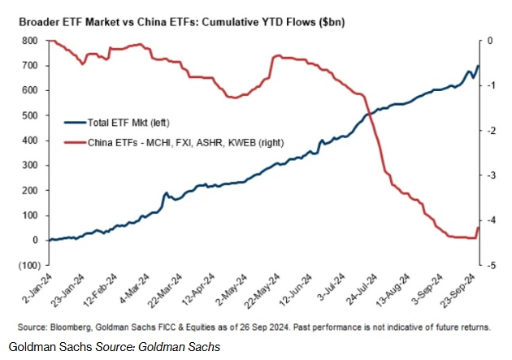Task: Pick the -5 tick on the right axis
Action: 492,265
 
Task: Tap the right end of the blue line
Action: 479,66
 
